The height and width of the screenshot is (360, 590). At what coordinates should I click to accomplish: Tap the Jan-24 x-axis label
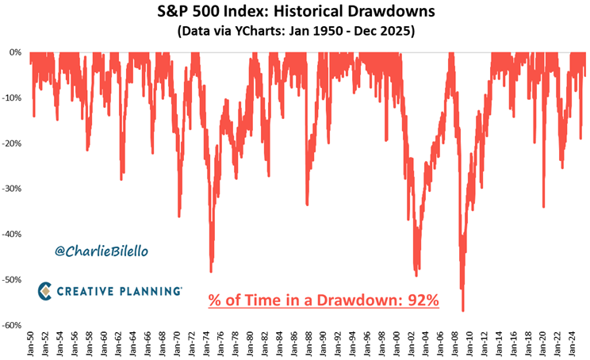click(x=577, y=342)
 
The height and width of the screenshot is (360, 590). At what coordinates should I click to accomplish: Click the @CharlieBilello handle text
click(x=101, y=251)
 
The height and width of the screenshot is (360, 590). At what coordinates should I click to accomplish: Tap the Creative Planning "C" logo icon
click(x=47, y=291)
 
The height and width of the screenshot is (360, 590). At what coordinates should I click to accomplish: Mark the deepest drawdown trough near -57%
click(x=462, y=311)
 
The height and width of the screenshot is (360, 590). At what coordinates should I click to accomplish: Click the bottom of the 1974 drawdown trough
click(x=211, y=272)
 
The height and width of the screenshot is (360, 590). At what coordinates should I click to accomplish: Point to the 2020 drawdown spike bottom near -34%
click(x=543, y=207)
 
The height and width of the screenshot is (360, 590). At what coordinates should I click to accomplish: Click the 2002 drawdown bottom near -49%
click(x=417, y=275)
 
